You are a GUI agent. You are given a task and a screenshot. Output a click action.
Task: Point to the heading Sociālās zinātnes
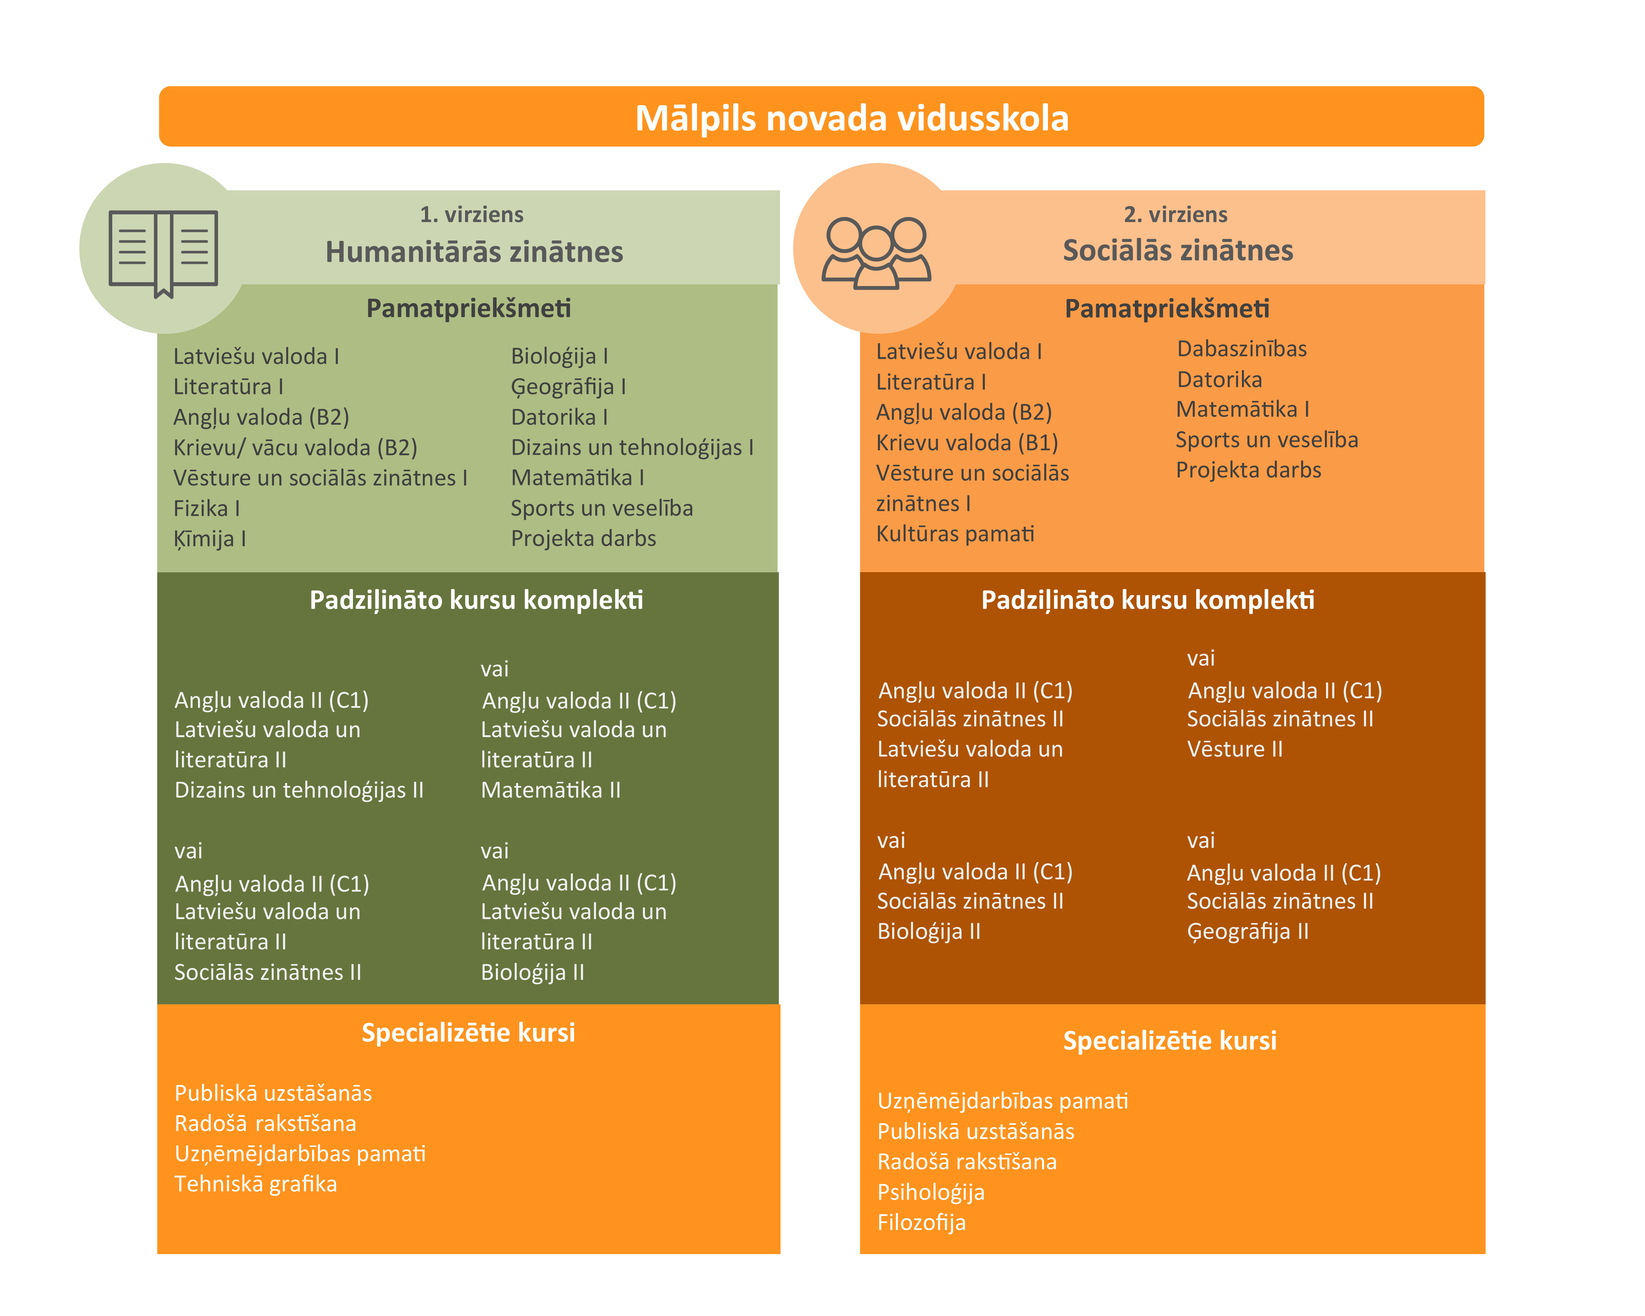[x=1178, y=250]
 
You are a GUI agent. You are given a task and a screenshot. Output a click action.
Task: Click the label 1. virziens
[x=472, y=214]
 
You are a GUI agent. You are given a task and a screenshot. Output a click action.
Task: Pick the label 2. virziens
[x=1176, y=214]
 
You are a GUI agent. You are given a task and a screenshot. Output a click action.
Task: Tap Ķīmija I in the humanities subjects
[x=210, y=538]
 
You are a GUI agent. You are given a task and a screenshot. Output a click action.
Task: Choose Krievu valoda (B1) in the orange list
[x=967, y=443]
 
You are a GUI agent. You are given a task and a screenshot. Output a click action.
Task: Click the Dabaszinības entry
[x=1241, y=349]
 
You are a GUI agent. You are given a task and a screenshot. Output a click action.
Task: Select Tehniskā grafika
[x=256, y=1184]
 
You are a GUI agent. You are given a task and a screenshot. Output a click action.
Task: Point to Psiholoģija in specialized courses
[x=931, y=1192]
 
